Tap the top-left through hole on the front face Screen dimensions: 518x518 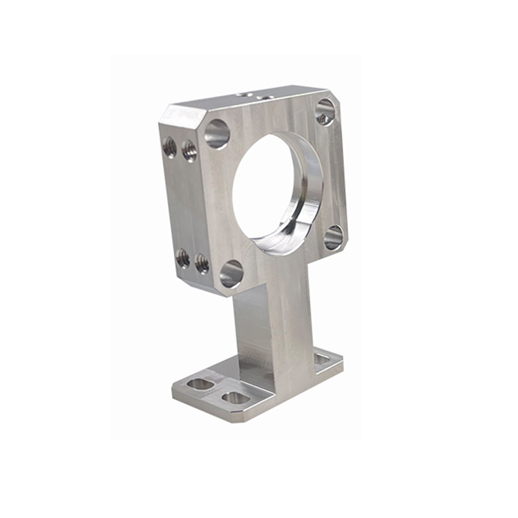click(217, 133)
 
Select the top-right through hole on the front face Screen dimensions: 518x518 click(325, 111)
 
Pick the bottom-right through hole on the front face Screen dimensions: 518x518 click(333, 237)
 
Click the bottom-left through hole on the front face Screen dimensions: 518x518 click(231, 274)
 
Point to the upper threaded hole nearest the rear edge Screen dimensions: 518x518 click(169, 146)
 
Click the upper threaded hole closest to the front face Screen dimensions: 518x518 click(189, 151)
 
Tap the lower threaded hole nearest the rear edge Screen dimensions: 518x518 click(183, 258)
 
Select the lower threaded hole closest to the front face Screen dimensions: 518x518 click(202, 263)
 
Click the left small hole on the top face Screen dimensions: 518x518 click(240, 95)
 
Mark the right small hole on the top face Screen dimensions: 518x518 click(262, 98)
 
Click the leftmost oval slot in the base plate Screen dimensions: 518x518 click(200, 383)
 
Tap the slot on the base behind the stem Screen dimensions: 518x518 click(322, 358)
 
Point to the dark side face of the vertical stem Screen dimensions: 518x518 click(249, 332)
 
